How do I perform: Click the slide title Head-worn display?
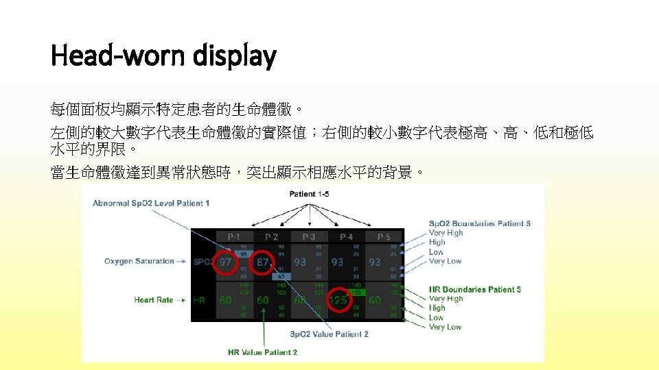pyautogui.click(x=163, y=56)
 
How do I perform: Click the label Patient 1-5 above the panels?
pyautogui.click(x=309, y=194)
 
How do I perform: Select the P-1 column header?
pyautogui.click(x=233, y=236)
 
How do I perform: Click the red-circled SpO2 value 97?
pyautogui.click(x=225, y=262)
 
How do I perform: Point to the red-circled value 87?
pyautogui.click(x=262, y=262)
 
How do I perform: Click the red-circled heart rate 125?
pyautogui.click(x=338, y=300)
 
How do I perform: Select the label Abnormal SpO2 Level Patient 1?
pyautogui.click(x=151, y=203)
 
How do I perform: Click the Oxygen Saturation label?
pyautogui.click(x=139, y=261)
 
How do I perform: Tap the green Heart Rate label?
pyautogui.click(x=153, y=299)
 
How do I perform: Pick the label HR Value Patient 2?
pyautogui.click(x=262, y=352)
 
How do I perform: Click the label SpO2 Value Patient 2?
pyautogui.click(x=329, y=334)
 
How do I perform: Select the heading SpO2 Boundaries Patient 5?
pyautogui.click(x=479, y=223)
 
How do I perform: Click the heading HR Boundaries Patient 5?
pyautogui.click(x=474, y=289)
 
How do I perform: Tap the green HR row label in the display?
pyautogui.click(x=200, y=300)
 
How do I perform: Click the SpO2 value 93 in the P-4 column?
pyautogui.click(x=337, y=262)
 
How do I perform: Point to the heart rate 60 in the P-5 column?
pyautogui.click(x=374, y=300)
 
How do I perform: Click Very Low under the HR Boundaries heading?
pyautogui.click(x=445, y=327)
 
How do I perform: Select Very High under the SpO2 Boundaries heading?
pyautogui.click(x=446, y=233)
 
